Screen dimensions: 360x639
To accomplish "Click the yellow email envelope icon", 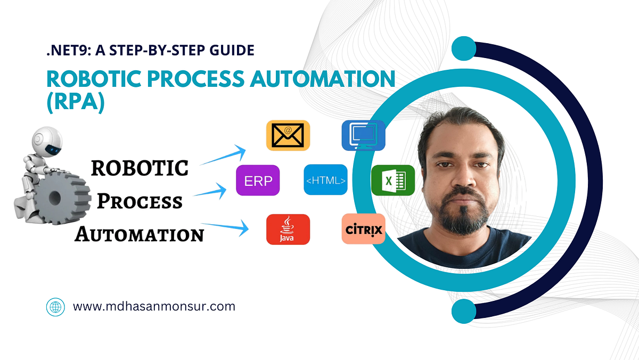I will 288,135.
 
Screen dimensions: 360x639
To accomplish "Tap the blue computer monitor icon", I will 363,135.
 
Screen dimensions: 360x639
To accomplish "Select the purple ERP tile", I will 258,180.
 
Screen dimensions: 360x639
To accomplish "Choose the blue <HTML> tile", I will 326,180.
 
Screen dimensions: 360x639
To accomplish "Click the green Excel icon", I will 393,180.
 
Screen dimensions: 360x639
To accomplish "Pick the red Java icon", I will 288,230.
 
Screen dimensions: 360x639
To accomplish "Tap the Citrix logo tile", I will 363,230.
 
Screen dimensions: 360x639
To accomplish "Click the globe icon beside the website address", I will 55,307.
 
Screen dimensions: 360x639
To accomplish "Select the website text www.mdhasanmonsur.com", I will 154,306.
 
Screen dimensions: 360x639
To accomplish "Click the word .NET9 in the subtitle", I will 64,51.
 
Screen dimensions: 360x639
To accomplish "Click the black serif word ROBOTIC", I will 140,168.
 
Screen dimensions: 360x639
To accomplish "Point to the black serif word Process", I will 140,202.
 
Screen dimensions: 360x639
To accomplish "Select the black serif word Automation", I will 140,234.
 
